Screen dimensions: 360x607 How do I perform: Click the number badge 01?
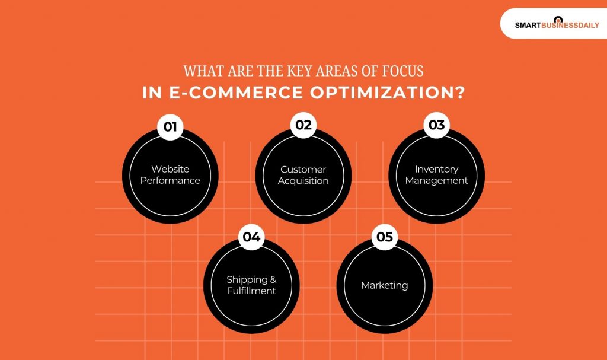pyautogui.click(x=170, y=127)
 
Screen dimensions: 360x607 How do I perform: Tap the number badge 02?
pyautogui.click(x=303, y=125)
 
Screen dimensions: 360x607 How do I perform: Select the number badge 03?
pyautogui.click(x=436, y=125)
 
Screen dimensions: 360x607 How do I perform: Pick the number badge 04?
pyautogui.click(x=251, y=237)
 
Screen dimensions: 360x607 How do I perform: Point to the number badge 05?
pyautogui.click(x=385, y=237)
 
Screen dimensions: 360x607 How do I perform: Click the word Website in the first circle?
pyautogui.click(x=170, y=169)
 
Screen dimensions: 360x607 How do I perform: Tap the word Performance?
pyautogui.click(x=170, y=180)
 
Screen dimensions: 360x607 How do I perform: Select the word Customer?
pyautogui.click(x=303, y=170)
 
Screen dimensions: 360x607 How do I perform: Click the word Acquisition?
pyautogui.click(x=303, y=181)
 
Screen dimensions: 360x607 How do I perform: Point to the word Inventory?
pyautogui.click(x=437, y=170)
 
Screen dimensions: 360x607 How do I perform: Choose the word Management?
pyautogui.click(x=437, y=181)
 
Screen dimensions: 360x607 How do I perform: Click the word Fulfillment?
pyautogui.click(x=251, y=291)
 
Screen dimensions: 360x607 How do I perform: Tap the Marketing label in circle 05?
pyautogui.click(x=385, y=285)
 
